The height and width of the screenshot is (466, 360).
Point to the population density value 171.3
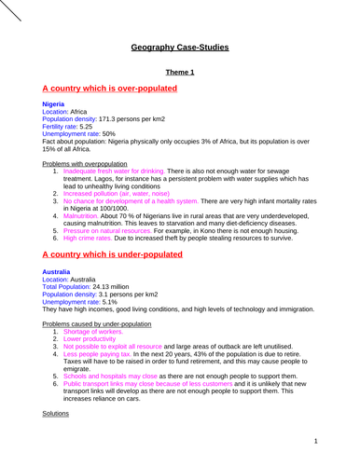pyautogui.click(x=116, y=119)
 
